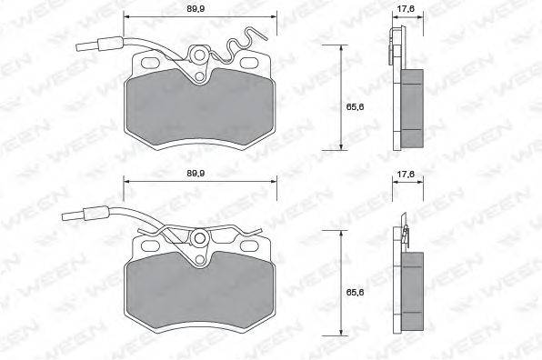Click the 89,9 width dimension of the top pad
[x=196, y=9]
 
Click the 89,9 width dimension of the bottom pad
[x=196, y=173]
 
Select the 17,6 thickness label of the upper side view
[x=405, y=9]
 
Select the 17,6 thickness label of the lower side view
[x=405, y=174]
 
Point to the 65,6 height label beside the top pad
[x=355, y=106]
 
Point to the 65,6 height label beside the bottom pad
[x=355, y=292]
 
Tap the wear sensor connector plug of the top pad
[x=99, y=45]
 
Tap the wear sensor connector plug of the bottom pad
[x=85, y=214]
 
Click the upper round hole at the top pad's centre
[x=199, y=55]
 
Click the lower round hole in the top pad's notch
[x=199, y=76]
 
